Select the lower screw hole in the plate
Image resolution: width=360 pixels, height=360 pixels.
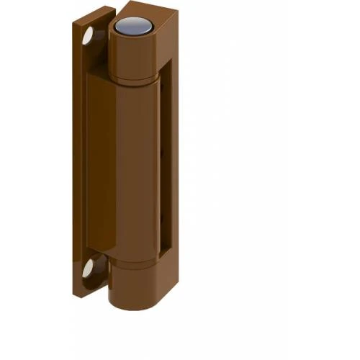(x=88, y=269)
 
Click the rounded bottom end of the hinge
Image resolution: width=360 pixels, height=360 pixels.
(x=133, y=305)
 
